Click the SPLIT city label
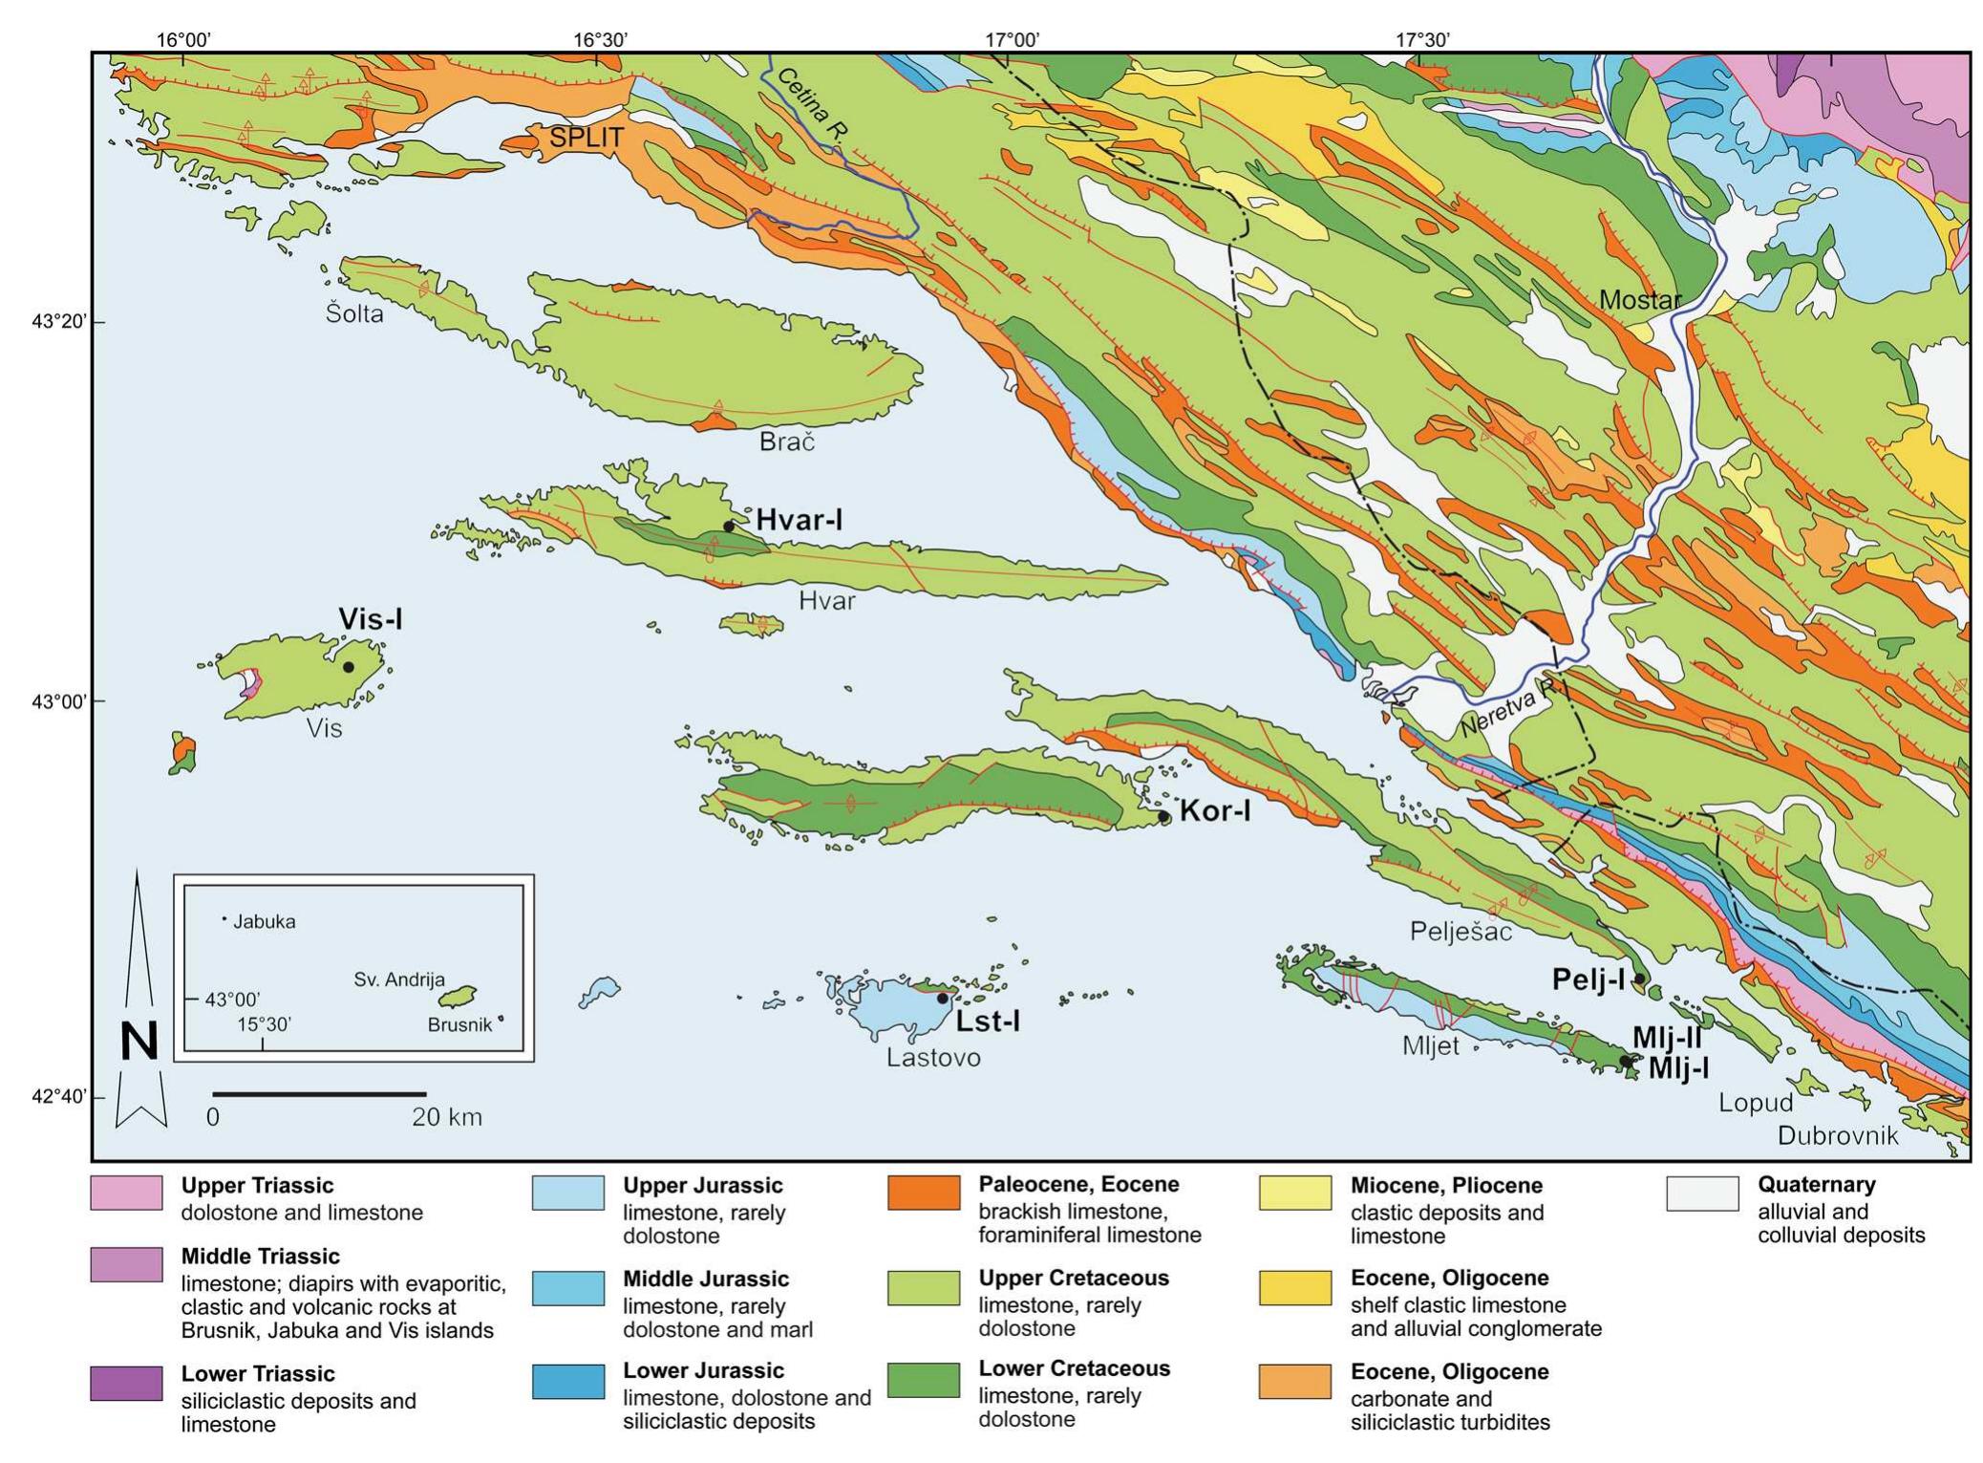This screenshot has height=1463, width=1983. coord(586,138)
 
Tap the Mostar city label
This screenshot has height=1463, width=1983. coord(1639,300)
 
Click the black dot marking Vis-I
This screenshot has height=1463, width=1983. coord(349,667)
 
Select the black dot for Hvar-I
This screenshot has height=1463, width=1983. coord(729,526)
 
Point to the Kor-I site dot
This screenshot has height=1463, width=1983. coord(1163,816)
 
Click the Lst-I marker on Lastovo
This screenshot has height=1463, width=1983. coord(942,998)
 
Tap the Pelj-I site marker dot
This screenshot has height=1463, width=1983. coord(1639,978)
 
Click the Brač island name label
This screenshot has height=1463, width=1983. coord(787,441)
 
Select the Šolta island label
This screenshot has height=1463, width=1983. coord(354,313)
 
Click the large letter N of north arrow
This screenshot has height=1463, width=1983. coord(139,1041)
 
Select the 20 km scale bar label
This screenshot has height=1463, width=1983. coord(447,1116)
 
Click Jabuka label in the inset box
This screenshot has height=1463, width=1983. coord(264,922)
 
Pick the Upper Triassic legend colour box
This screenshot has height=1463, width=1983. coord(126,1194)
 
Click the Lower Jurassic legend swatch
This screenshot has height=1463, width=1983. coord(567,1381)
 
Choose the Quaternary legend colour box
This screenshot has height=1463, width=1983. coord(1702,1194)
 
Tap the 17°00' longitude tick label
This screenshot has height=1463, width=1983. coord(1013,40)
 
